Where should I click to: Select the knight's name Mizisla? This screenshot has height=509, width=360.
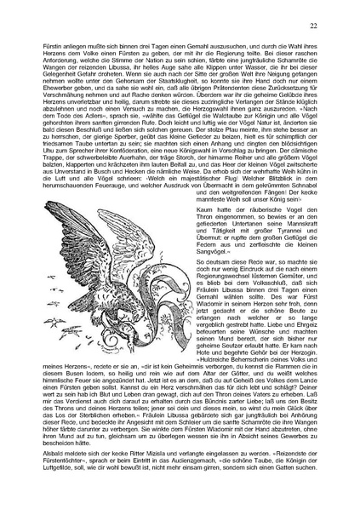[x=151, y=478]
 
